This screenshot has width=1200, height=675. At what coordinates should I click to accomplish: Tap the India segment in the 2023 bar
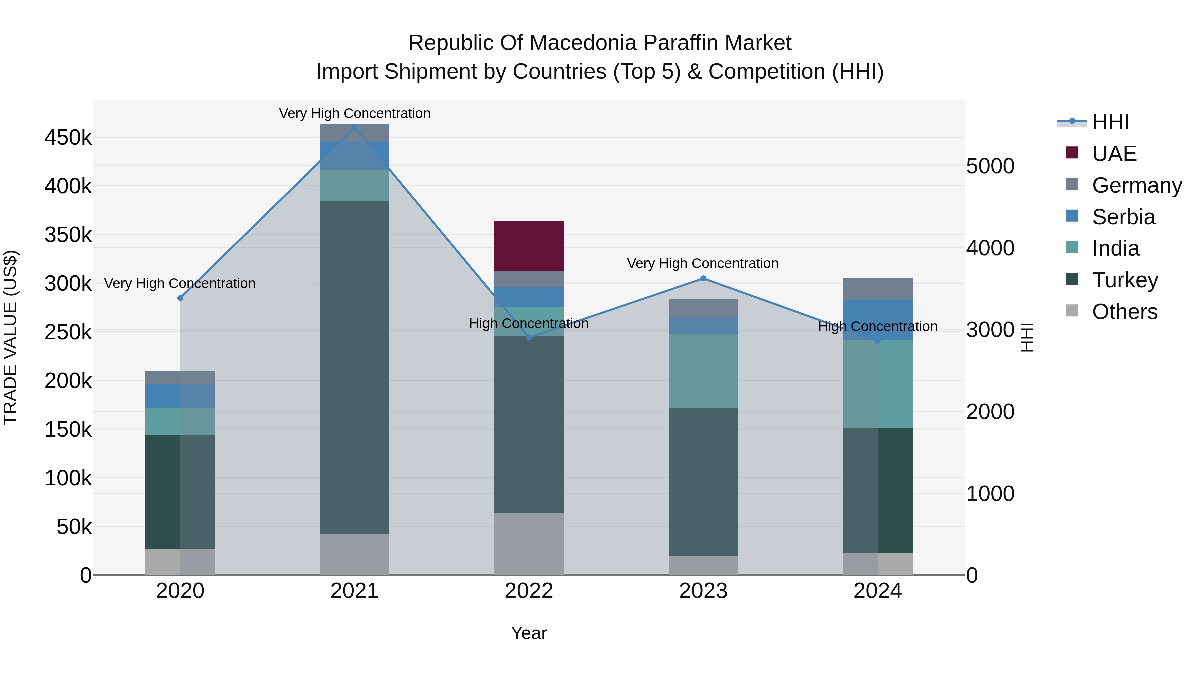coord(703,370)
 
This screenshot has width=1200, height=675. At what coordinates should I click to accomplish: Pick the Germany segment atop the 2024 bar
coord(877,289)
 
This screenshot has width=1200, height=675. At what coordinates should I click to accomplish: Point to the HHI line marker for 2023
coord(703,279)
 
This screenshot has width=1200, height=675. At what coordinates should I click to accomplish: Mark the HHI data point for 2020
coord(180,298)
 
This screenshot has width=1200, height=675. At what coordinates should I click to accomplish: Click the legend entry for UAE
coord(1113,154)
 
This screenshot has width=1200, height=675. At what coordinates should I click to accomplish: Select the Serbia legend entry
coord(1123,217)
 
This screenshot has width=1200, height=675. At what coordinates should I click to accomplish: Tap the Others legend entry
coord(1124,312)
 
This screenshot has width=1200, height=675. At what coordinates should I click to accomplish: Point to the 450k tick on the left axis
coord(68,138)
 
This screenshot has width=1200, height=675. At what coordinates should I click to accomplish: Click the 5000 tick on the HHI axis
coord(990,166)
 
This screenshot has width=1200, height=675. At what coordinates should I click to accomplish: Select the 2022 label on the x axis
coord(529,591)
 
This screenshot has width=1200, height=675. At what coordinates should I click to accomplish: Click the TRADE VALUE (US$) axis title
coord(10,337)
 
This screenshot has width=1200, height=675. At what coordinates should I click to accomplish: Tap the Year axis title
coord(529,633)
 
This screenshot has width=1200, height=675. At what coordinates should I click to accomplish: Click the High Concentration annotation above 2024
coord(877,327)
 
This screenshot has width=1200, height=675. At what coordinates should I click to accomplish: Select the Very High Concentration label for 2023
coord(702,263)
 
